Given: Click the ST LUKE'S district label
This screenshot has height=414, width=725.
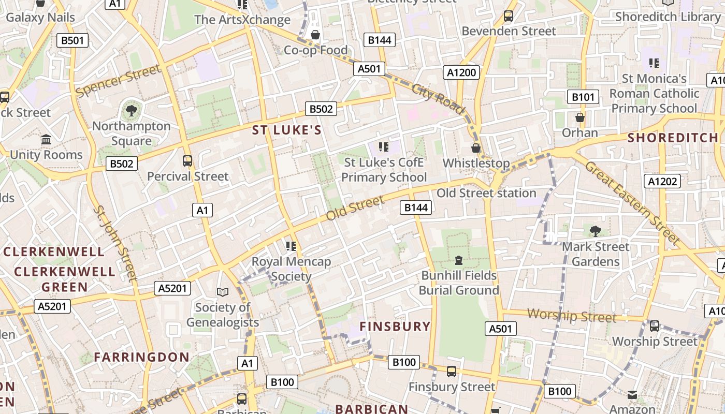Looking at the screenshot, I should [x=287, y=130].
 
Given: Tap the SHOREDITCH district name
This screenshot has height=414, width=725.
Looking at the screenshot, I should [x=673, y=138].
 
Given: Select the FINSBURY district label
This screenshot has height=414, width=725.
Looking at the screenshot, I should [x=395, y=327].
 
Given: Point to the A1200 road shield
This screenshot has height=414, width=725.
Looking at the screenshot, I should [x=461, y=72].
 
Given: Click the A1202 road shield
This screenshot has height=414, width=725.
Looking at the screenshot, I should [x=662, y=181].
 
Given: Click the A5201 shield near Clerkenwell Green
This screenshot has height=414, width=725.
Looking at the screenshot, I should [x=52, y=306].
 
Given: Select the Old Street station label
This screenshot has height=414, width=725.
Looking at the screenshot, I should [x=486, y=193].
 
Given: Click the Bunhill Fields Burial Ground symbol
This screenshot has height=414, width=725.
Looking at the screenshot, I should [x=459, y=260].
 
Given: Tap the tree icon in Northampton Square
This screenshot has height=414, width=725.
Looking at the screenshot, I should [x=132, y=110].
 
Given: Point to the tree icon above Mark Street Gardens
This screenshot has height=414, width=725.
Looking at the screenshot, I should [x=595, y=231].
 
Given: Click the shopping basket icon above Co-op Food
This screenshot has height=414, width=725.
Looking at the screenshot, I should [x=315, y=35].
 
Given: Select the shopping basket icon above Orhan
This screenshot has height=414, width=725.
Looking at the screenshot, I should [x=580, y=117].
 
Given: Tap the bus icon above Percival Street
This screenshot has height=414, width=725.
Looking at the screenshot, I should [x=187, y=161].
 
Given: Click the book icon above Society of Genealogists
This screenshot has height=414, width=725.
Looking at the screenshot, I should [x=223, y=292].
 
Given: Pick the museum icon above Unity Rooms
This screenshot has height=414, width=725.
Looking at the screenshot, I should [x=46, y=140].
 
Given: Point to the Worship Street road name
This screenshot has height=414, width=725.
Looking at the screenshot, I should [x=572, y=315].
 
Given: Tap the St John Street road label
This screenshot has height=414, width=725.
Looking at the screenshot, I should [x=115, y=243].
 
